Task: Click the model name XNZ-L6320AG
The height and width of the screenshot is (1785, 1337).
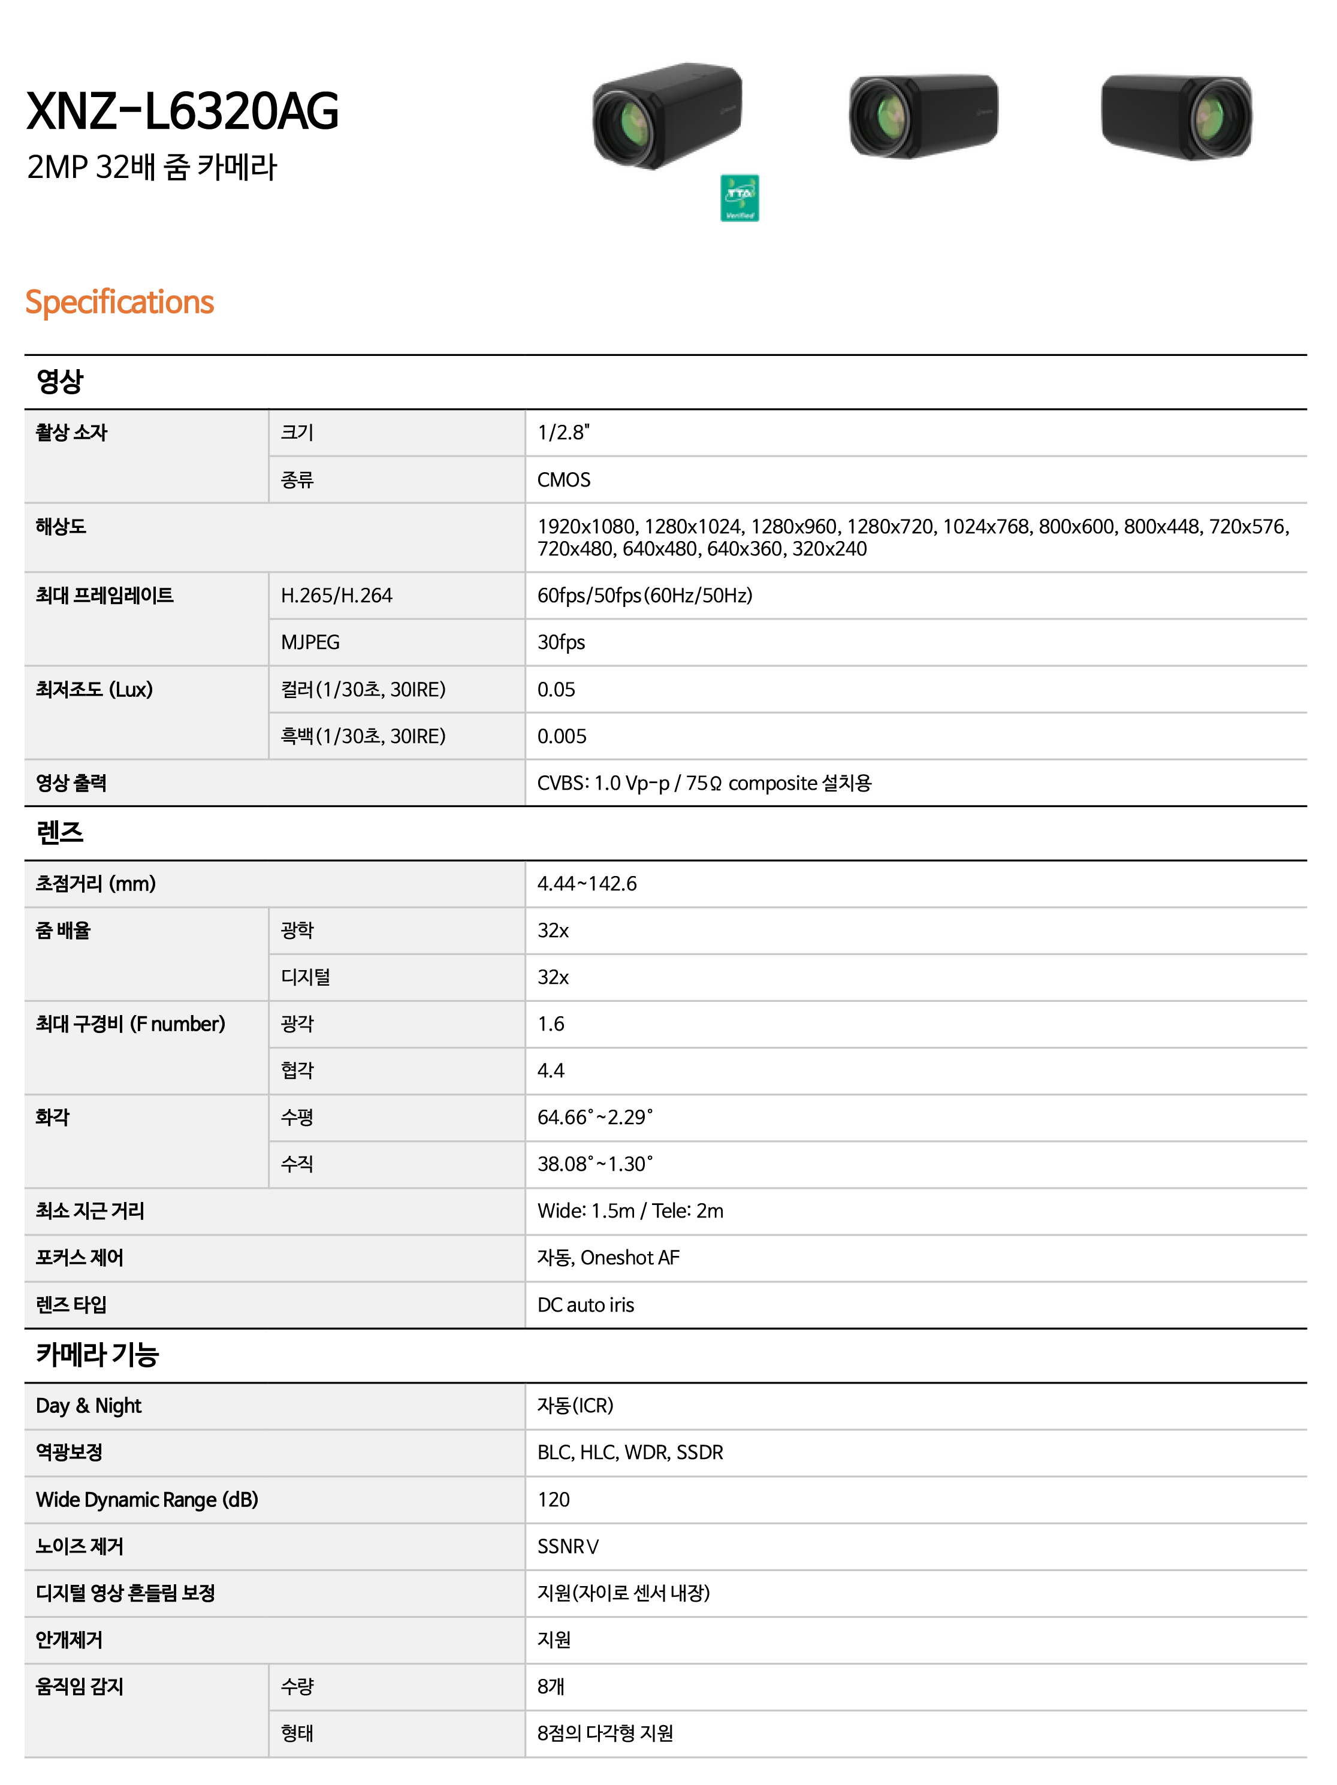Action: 182,111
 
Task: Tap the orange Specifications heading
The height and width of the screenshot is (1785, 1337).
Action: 119,302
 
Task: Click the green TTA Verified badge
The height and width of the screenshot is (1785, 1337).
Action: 739,198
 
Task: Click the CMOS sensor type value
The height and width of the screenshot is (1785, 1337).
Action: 563,480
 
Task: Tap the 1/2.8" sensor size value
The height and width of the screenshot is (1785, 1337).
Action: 563,433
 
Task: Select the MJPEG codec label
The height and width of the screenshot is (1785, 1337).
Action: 310,642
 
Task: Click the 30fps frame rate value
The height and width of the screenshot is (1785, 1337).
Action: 561,642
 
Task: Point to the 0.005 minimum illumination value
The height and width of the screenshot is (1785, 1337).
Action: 562,736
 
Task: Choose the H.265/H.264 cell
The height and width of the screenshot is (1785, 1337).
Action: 336,596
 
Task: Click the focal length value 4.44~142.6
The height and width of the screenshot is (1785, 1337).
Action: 587,884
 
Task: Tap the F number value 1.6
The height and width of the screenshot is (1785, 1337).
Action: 551,1024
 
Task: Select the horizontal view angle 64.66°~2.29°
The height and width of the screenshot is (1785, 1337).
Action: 594,1117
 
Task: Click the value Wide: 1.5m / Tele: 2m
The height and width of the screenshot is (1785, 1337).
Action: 630,1211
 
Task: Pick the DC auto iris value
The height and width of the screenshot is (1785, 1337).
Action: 585,1305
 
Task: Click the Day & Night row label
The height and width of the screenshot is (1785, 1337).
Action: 89,1406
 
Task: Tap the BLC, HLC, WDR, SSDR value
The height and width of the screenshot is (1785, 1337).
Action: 630,1452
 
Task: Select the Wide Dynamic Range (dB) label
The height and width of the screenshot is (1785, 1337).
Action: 147,1499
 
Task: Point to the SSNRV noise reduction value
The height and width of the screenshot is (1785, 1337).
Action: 568,1546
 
